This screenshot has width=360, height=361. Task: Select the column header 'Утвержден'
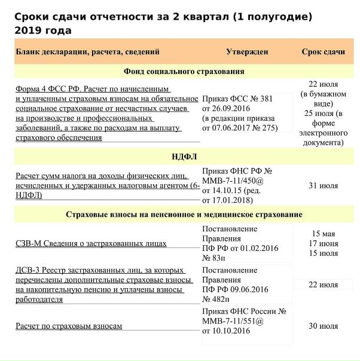tap(247, 52)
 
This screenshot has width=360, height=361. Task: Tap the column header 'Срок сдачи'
tap(323, 52)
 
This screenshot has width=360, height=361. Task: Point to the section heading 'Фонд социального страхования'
tap(184, 72)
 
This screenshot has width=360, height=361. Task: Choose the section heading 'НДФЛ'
tap(184, 157)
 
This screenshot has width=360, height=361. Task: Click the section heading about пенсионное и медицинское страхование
tap(184, 215)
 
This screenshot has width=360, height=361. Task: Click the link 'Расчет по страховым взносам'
tap(69, 326)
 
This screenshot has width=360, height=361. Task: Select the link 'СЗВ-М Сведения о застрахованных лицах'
tap(91, 243)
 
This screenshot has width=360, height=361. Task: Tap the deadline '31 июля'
tap(323, 186)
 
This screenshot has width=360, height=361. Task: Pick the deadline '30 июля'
tap(323, 326)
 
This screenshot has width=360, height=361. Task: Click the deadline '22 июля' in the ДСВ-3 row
tap(323, 284)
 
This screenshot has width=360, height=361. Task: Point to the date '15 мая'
tap(323, 234)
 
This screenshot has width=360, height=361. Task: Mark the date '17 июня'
tap(323, 243)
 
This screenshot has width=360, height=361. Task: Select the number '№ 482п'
tap(215, 299)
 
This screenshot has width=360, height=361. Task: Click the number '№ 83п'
tap(213, 258)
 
